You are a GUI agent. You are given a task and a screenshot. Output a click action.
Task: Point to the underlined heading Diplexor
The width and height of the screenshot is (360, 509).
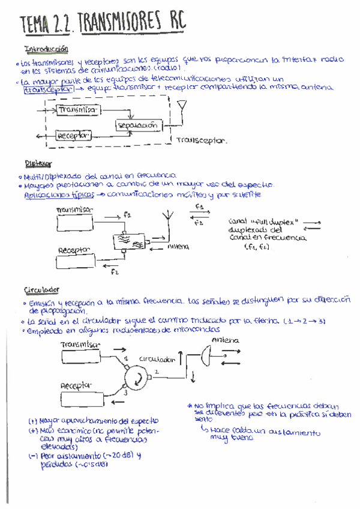click(38, 163)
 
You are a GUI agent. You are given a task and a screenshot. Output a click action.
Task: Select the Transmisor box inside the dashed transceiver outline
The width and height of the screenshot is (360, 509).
click(79, 110)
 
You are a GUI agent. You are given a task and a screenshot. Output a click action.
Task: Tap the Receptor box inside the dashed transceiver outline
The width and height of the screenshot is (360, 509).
click(73, 136)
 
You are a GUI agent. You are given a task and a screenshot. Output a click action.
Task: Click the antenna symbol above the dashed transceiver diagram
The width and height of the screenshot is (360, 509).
click(182, 108)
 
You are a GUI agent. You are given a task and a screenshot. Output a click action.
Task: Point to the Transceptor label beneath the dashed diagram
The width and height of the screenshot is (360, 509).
click(202, 141)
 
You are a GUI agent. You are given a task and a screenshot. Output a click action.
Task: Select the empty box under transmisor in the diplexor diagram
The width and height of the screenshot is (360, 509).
click(74, 223)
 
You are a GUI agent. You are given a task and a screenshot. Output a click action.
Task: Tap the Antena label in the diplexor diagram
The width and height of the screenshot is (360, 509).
click(178, 246)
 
